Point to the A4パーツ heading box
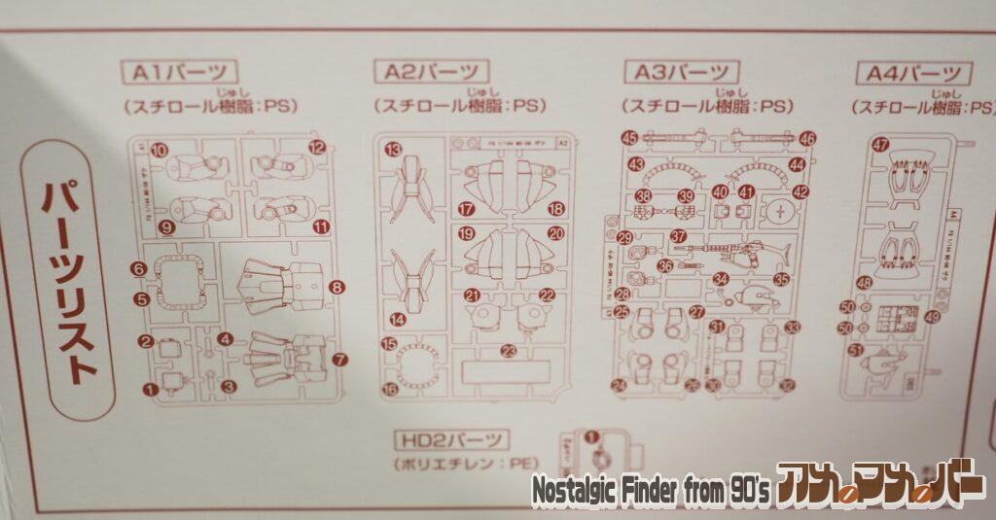pyautogui.click(x=913, y=73)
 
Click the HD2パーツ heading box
pyautogui.click(x=452, y=440)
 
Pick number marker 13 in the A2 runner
pyautogui.click(x=392, y=150)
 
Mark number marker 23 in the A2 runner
pyautogui.click(x=507, y=351)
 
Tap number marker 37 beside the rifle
pyautogui.click(x=678, y=236)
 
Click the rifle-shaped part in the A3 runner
pyautogui.click(x=725, y=255)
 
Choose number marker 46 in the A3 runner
pyautogui.click(x=807, y=139)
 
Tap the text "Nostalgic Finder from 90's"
pyautogui.click(x=651, y=492)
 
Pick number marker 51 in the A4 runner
pyautogui.click(x=856, y=350)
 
